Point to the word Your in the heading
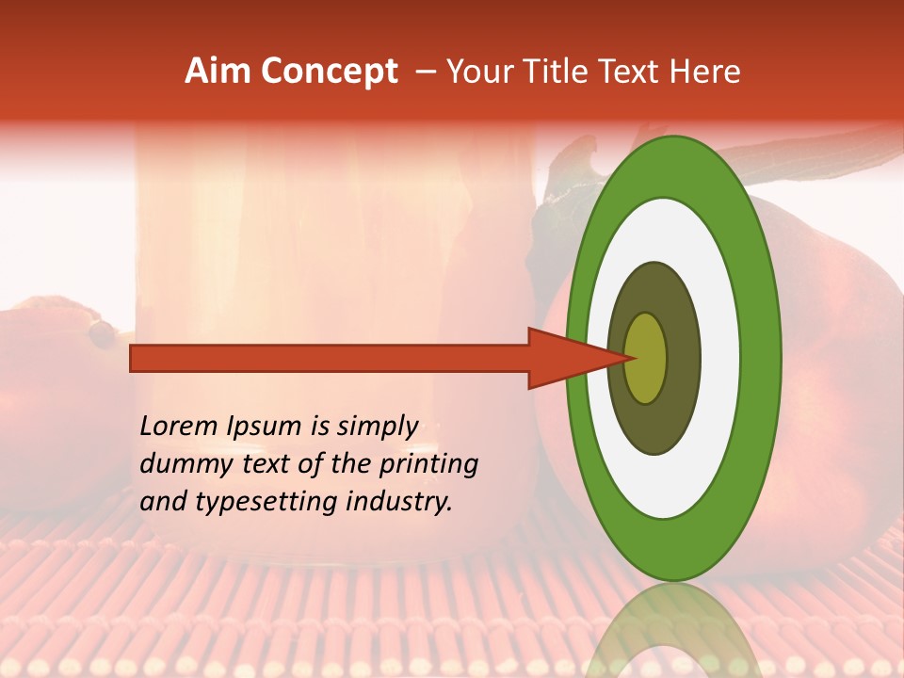click(x=480, y=72)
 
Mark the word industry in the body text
click(x=399, y=503)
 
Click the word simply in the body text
click(x=377, y=428)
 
